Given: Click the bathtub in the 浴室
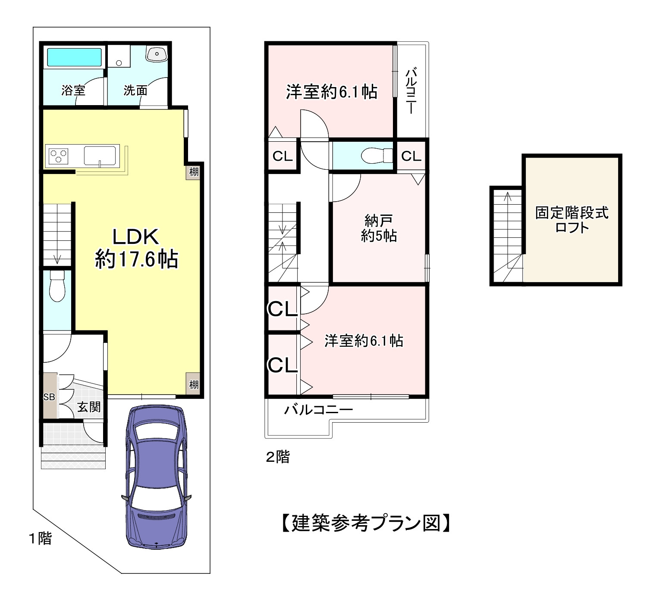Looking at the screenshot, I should [74, 57].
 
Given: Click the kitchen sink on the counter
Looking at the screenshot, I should [100, 156].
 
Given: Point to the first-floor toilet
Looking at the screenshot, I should [57, 286].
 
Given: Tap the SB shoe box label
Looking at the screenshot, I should [49, 397].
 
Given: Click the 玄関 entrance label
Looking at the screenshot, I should [89, 407].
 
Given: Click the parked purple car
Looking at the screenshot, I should [156, 476].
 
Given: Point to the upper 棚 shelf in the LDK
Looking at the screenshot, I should [194, 171].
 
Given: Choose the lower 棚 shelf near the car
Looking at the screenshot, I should [194, 384].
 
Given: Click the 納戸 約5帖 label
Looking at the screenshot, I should [379, 228].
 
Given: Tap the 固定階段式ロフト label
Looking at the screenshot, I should [572, 220].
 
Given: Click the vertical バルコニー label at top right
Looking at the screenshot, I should [411, 90].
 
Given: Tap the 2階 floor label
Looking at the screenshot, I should [277, 457].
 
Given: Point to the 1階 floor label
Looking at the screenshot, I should [40, 538].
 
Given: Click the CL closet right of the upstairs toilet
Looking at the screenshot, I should [411, 156].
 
